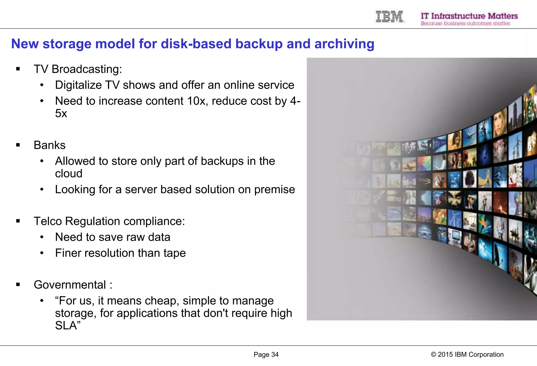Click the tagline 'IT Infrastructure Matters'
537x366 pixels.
pyautogui.click(x=469, y=16)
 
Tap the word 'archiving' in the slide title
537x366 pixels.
pyautogui.click(x=344, y=44)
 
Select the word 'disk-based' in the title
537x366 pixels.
pyautogui.click(x=196, y=44)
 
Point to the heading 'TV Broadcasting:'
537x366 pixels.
pyautogui.click(x=78, y=69)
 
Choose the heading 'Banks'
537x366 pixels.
pyautogui.click(x=50, y=145)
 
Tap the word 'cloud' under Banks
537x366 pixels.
pyautogui.click(x=69, y=173)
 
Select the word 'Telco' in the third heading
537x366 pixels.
pyautogui.click(x=48, y=221)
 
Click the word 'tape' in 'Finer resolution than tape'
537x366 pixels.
pyautogui.click(x=174, y=253)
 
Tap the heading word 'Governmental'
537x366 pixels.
pyautogui.click(x=70, y=285)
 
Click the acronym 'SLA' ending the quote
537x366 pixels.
pyautogui.click(x=66, y=326)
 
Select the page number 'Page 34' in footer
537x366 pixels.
pyautogui.click(x=266, y=354)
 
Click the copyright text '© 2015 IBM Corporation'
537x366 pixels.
pyautogui.click(x=467, y=354)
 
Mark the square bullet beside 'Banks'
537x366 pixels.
pyautogui.click(x=18, y=145)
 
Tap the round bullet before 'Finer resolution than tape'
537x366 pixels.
pyautogui.click(x=42, y=253)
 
